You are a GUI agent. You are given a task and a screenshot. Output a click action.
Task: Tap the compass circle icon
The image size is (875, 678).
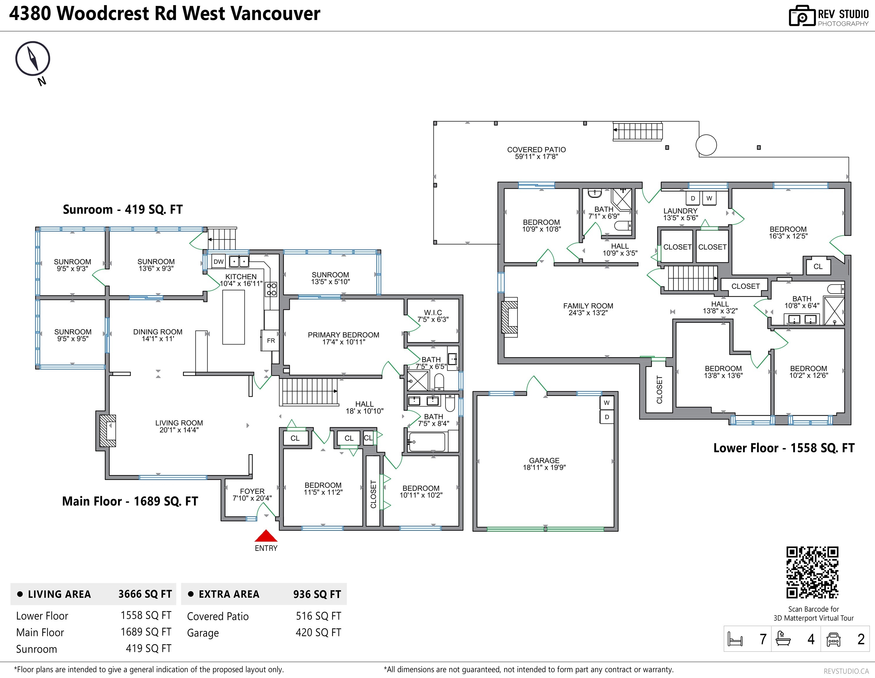click(x=33, y=59)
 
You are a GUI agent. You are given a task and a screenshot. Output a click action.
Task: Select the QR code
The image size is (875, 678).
click(x=812, y=573)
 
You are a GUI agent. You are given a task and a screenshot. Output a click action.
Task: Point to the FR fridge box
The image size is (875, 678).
click(x=270, y=340)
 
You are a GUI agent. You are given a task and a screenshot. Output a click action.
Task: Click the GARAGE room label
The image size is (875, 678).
click(x=544, y=460)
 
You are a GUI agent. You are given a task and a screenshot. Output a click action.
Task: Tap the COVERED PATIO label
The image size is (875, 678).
click(x=537, y=149)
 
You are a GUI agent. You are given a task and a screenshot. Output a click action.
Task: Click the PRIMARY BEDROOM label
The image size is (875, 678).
click(x=343, y=335)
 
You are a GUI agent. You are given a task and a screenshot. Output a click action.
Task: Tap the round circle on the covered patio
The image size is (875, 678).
click(x=706, y=145)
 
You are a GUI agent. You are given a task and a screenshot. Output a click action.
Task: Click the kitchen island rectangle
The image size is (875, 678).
click(x=233, y=317)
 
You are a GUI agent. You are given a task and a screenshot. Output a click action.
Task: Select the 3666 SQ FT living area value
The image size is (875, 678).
click(x=145, y=594)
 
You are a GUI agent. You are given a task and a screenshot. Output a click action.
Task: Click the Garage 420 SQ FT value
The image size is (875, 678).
click(x=318, y=632)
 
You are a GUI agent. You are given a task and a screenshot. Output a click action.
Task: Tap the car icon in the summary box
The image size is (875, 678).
click(x=833, y=639)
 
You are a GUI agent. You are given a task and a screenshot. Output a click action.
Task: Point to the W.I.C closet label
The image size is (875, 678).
click(x=433, y=312)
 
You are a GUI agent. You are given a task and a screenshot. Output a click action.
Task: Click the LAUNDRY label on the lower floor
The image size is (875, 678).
click(x=680, y=210)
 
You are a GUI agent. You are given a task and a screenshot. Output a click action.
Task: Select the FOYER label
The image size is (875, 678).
click(x=252, y=491)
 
